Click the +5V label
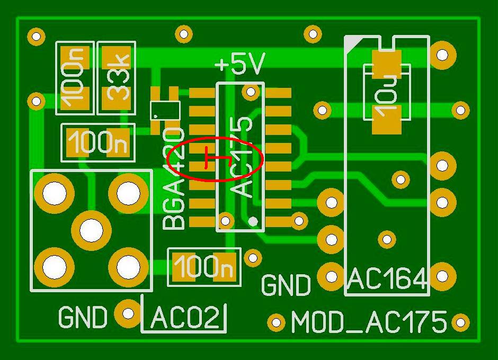[x=239, y=65]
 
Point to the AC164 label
[x=387, y=279]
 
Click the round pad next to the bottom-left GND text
[x=128, y=313]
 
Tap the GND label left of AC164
[x=286, y=285]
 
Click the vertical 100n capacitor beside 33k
[x=75, y=78]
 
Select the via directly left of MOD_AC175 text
[x=276, y=321]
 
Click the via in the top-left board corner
[x=36, y=37]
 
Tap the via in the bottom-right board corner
[x=460, y=322]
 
